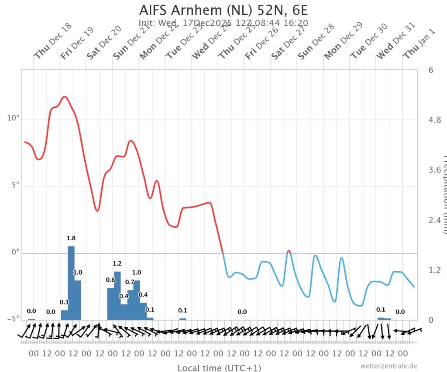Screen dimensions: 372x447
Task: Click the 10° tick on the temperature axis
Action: point(13,119)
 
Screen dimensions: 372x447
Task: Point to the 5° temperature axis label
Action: point(14,185)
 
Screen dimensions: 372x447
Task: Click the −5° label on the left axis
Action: point(12,319)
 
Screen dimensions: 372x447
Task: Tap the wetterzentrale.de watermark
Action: point(388,366)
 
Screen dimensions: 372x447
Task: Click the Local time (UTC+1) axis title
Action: point(219,368)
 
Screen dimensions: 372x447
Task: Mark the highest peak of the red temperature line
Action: point(65,96)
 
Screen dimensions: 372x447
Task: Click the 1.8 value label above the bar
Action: point(71,238)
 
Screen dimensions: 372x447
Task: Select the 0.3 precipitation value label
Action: point(64,302)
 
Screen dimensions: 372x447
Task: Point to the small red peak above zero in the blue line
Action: point(289,251)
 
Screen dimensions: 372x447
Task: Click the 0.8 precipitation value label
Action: point(110,280)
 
